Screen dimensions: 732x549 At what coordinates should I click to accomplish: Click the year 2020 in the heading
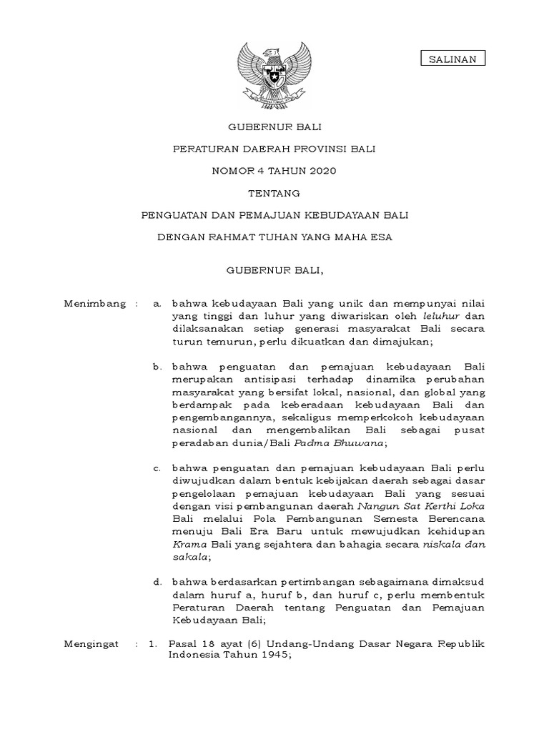[x=321, y=171]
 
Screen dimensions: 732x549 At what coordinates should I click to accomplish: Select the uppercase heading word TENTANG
[x=274, y=193]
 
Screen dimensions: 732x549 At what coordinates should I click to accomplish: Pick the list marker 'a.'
[x=158, y=304]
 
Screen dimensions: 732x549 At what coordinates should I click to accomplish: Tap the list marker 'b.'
[x=158, y=367]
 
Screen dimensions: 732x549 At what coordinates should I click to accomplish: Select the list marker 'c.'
[x=158, y=468]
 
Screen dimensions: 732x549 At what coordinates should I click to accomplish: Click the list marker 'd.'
[x=158, y=582]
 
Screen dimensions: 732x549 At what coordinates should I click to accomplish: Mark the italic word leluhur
[x=440, y=317]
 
